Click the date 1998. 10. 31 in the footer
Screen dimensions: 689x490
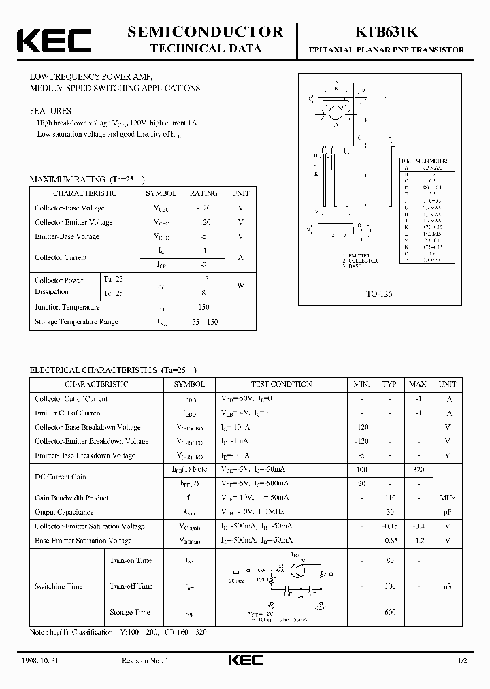pyautogui.click(x=46, y=661)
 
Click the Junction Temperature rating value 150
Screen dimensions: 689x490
pyautogui.click(x=203, y=308)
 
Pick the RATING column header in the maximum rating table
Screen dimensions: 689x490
pyautogui.click(x=203, y=193)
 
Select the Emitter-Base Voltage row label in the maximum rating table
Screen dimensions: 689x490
pyautogui.click(x=67, y=236)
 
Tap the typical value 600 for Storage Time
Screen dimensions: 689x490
pyautogui.click(x=390, y=612)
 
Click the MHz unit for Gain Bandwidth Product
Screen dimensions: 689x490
pyautogui.click(x=448, y=498)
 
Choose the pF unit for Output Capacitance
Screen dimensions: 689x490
pyautogui.click(x=448, y=512)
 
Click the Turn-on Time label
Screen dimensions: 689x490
pyautogui.click(x=130, y=560)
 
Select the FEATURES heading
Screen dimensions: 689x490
pyautogui.click(x=50, y=110)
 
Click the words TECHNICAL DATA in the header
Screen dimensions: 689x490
pyautogui.click(x=205, y=49)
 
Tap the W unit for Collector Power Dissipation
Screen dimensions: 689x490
pyautogui.click(x=240, y=286)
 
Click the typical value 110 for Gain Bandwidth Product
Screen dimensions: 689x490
pyautogui.click(x=390, y=498)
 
